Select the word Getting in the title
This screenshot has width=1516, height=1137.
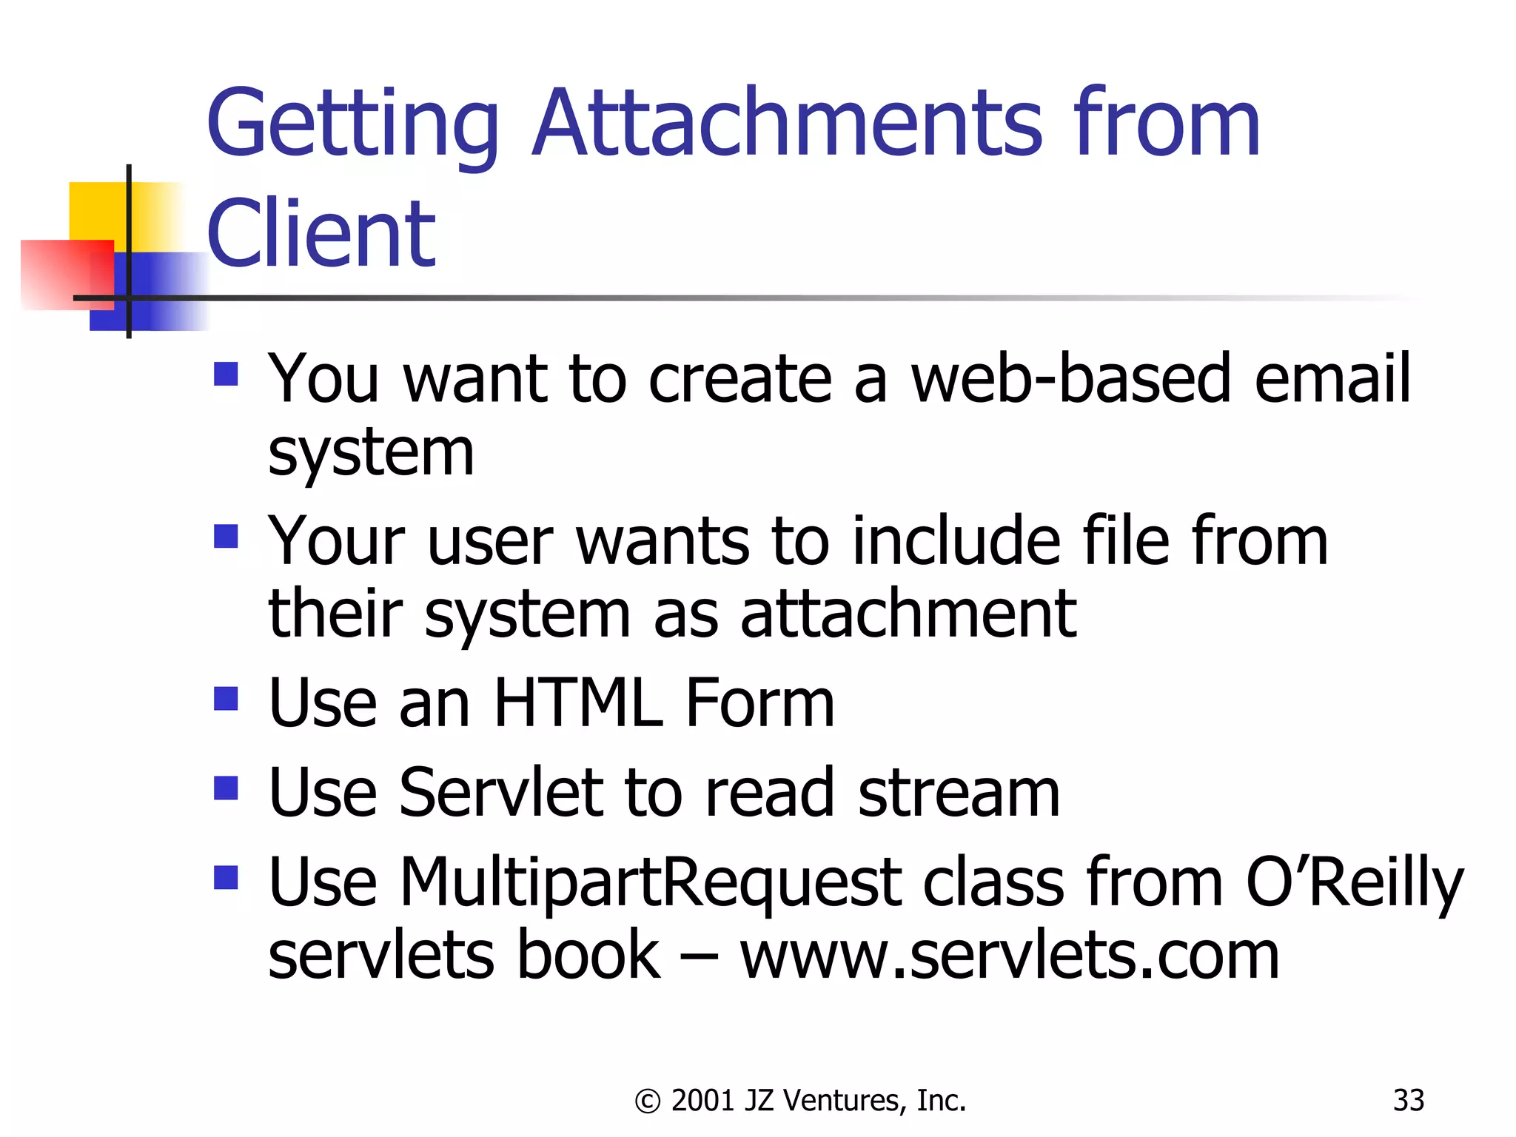[x=353, y=124]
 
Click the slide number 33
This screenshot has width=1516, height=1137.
[x=1408, y=1101]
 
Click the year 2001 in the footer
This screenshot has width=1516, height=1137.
[x=703, y=1101]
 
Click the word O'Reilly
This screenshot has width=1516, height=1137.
[x=1355, y=882]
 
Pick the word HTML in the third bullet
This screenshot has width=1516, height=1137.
[x=578, y=702]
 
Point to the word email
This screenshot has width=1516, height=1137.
[x=1332, y=378]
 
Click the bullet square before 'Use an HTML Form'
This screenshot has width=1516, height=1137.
[x=226, y=699]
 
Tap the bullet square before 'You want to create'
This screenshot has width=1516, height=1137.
[x=226, y=374]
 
